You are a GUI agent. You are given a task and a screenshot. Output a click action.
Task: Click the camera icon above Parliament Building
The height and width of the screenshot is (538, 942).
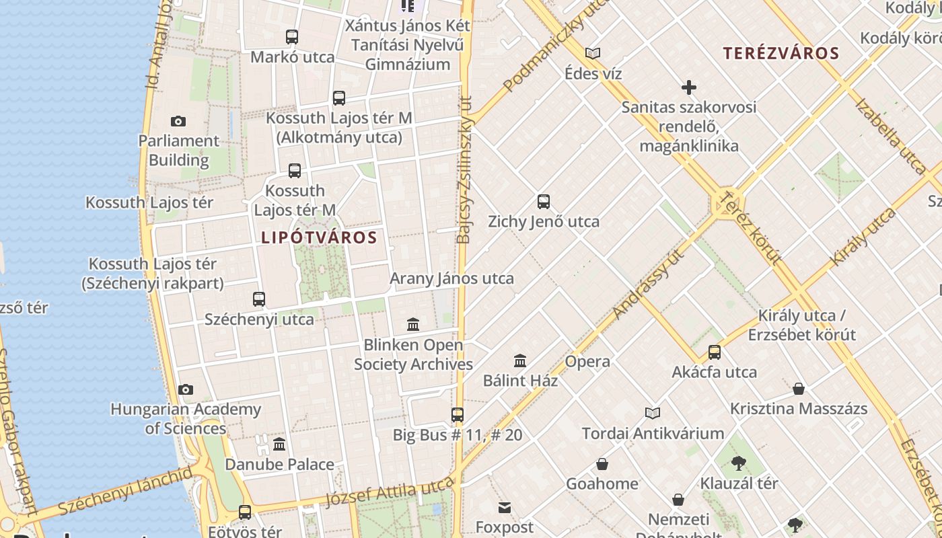[x=178, y=122]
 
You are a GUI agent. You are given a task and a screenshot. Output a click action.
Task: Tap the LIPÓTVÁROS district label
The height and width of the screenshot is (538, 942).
[x=319, y=237]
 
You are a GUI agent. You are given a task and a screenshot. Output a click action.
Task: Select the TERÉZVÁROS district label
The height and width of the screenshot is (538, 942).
[x=781, y=54]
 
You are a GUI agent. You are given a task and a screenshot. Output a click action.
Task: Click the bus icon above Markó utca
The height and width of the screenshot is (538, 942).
[x=292, y=37]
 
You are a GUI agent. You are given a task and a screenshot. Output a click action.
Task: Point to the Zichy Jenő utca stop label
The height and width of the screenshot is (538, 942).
[x=543, y=221]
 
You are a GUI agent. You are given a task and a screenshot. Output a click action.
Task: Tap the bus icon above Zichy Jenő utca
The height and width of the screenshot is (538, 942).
[x=544, y=201]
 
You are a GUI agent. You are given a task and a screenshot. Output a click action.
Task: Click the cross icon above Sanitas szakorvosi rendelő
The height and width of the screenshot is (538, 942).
[x=689, y=87]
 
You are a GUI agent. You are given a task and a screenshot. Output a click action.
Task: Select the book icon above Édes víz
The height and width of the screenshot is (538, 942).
[x=593, y=53]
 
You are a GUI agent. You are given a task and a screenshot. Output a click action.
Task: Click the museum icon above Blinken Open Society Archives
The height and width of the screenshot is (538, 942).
[x=413, y=325]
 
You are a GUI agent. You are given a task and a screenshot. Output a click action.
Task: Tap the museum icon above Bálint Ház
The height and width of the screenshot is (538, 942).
[x=520, y=361]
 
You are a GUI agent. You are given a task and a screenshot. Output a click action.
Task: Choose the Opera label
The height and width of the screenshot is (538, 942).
[x=587, y=361]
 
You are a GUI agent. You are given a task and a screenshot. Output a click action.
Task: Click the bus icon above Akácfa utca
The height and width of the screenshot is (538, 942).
[x=715, y=352]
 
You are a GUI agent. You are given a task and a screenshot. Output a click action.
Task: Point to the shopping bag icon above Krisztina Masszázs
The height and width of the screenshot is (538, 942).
[x=799, y=389]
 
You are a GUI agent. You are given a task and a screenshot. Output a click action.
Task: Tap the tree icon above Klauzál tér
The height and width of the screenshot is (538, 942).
[x=739, y=463]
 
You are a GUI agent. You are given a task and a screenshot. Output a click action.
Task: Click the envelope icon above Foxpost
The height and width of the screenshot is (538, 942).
[x=505, y=507]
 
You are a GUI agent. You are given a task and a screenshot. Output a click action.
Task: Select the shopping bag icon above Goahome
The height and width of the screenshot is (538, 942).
[x=602, y=464]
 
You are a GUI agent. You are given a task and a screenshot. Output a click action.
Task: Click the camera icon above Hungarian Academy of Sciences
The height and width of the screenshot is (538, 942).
[x=186, y=389]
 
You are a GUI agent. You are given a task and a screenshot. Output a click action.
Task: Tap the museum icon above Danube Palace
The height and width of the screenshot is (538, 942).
[x=279, y=445]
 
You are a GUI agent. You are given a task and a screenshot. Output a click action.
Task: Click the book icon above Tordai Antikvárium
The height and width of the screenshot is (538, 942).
[x=653, y=413]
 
